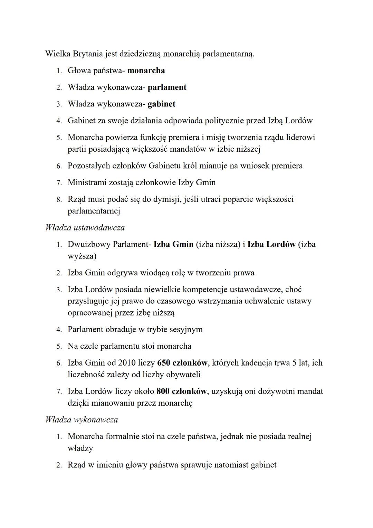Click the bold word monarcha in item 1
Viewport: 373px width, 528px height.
(x=146, y=71)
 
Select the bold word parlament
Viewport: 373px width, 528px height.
(x=167, y=87)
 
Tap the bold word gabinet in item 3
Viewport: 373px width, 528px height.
(x=161, y=104)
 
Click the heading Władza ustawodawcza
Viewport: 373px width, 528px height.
(x=85, y=228)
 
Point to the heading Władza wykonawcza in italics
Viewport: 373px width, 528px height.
(x=82, y=420)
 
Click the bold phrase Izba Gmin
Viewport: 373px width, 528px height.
(x=173, y=244)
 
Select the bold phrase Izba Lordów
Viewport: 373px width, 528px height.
(x=271, y=244)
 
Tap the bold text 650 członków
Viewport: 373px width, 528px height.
(x=182, y=363)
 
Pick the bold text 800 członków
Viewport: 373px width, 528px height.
(x=182, y=391)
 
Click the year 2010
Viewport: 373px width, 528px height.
(x=127, y=363)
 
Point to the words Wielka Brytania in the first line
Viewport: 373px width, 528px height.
(x=71, y=54)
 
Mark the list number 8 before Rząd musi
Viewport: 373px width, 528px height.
(x=59, y=200)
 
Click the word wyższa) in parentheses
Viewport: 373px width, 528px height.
(x=82, y=256)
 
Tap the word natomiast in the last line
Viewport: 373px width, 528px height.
(x=230, y=465)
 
